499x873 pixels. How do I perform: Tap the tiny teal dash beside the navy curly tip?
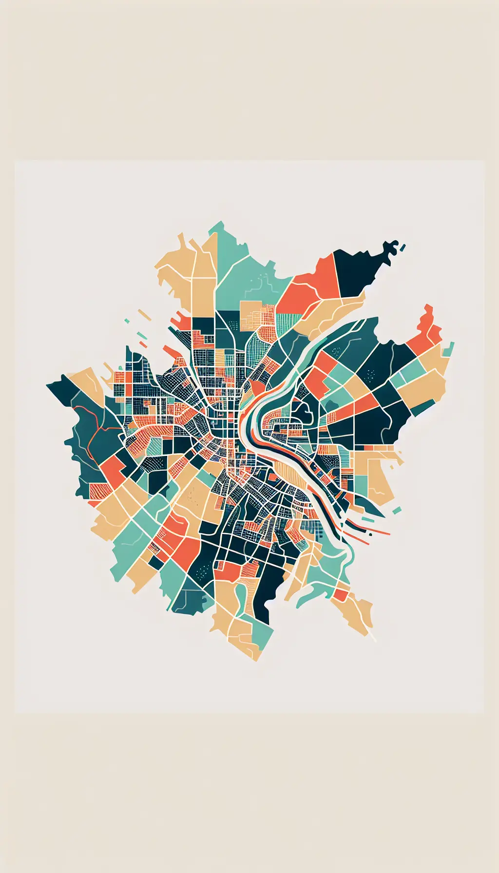point(403,247)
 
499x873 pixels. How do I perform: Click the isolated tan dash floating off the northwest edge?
point(145,315)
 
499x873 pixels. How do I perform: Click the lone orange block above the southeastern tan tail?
point(341,595)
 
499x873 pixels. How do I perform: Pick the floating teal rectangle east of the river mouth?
point(397,510)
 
